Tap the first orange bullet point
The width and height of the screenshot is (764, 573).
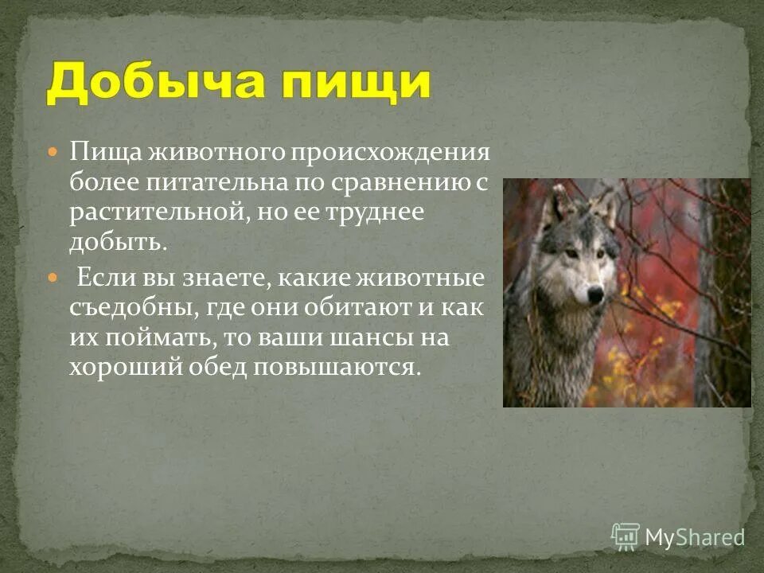click(x=53, y=150)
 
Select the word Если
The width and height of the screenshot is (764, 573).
click(x=100, y=279)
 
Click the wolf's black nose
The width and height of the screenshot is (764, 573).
click(x=594, y=296)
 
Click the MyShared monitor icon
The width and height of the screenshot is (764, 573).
click(x=626, y=536)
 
